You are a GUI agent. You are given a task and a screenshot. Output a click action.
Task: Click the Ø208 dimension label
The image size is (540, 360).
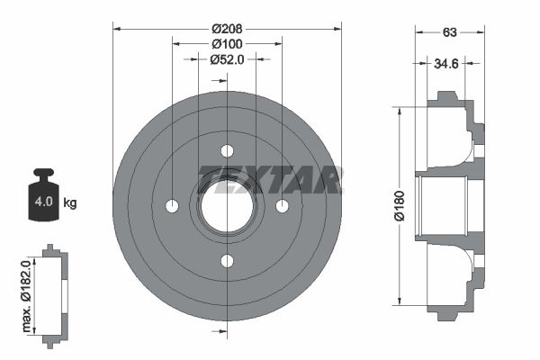coord(227,27)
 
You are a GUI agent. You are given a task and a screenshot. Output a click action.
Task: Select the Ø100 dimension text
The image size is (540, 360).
coord(227,43)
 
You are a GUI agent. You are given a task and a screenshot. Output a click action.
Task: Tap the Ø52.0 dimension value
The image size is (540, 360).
coord(227,59)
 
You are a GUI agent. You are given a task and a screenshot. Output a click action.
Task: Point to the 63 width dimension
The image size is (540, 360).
coord(449,32)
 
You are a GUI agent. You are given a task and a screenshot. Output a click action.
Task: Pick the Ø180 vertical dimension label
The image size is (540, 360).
coord(388,204)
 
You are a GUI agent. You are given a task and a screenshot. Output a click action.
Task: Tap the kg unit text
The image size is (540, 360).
coord(70,202)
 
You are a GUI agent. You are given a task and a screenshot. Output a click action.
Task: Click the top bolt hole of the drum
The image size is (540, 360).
coord(227,150)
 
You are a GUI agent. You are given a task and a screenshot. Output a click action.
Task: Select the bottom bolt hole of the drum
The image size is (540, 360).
coord(227,261)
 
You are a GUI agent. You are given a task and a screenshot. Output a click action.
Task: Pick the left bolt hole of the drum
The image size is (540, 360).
coord(172,206)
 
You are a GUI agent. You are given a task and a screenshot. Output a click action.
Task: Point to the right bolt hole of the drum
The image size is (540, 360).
coord(282,206)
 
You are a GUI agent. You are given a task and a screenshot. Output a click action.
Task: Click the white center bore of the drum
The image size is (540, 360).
coord(227,206)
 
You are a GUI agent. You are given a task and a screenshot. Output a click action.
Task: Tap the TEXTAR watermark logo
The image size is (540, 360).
coord(269,180)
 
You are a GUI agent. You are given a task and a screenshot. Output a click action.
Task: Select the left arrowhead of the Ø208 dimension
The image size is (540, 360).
coord(116,27)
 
